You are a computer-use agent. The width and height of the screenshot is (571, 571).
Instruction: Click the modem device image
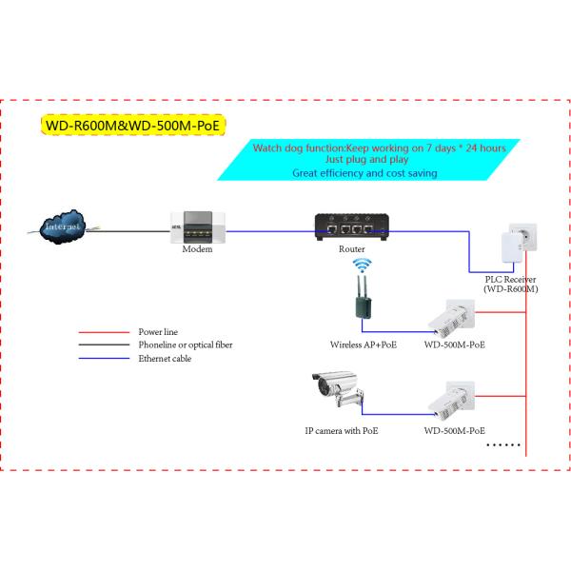197,228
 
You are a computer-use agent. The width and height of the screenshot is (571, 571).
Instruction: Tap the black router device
351,226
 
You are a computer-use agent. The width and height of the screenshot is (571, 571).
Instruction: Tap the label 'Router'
351,248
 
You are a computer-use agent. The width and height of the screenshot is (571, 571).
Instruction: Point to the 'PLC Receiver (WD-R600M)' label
510,283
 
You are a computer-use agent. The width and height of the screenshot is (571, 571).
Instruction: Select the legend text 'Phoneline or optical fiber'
186,345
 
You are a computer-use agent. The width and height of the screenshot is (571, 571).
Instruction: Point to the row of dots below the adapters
503,444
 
